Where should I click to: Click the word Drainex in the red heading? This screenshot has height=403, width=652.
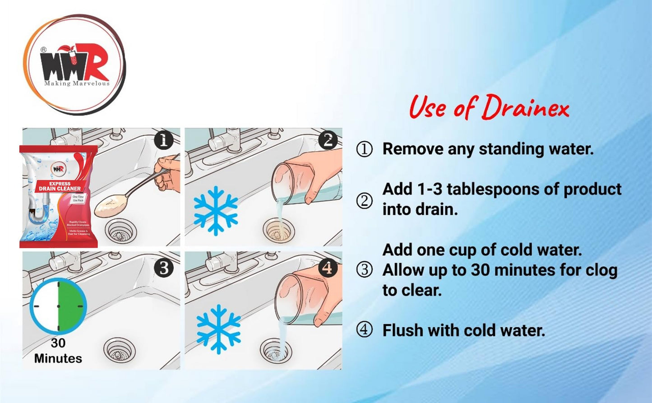pos(525,108)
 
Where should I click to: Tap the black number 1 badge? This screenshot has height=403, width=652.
pos(164,140)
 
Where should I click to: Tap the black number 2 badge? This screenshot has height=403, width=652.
pos(328,140)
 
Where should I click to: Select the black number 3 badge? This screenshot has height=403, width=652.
pos(164,268)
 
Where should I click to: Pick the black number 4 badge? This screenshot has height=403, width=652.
pos(328,268)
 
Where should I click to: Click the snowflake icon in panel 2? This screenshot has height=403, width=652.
pos(216,210)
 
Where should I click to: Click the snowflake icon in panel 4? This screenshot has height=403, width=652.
pos(218,329)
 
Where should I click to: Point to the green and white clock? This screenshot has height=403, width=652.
pos(58,306)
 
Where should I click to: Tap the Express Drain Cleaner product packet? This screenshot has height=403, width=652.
pos(59,196)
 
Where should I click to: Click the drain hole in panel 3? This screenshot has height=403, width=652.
pos(120,350)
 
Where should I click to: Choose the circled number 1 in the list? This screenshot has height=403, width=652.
pos(365,149)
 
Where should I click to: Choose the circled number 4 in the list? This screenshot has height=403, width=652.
pos(365,330)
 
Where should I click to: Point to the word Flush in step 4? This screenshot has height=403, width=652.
pos(403,330)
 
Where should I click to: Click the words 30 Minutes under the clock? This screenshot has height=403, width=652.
pos(58,351)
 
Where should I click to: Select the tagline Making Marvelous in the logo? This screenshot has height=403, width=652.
pos(77,83)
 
